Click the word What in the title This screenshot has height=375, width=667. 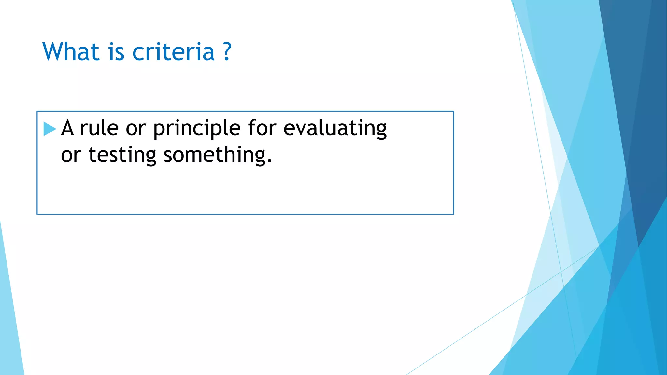[x=71, y=52]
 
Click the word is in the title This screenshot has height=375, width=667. [x=116, y=52]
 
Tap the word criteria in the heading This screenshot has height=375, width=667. [x=173, y=52]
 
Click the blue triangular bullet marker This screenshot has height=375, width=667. [x=49, y=129]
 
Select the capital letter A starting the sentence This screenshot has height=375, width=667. [x=67, y=128]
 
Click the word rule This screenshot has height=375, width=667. [x=99, y=128]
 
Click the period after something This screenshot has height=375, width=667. [x=269, y=161]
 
